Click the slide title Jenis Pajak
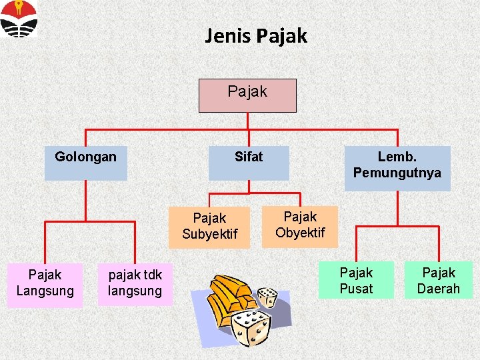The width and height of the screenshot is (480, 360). click(256, 35)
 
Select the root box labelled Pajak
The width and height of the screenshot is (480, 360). click(247, 95)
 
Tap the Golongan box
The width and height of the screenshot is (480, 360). click(85, 163)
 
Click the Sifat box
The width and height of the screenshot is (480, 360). click(249, 163)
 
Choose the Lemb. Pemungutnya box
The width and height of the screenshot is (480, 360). click(397, 168)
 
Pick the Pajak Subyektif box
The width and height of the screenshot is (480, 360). click(209, 227)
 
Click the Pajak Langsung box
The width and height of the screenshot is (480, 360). click(45, 285)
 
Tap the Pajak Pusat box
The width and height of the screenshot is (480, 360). click(356, 280)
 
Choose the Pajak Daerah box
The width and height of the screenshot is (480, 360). click(439, 280)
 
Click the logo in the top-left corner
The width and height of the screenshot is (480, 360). click(19, 18)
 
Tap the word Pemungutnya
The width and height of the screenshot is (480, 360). click(397, 173)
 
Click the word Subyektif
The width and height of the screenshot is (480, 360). click(209, 235)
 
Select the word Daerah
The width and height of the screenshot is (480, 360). click(439, 289)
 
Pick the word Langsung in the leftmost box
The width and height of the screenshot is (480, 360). click(45, 291)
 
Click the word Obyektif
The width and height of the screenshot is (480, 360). click(300, 233)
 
